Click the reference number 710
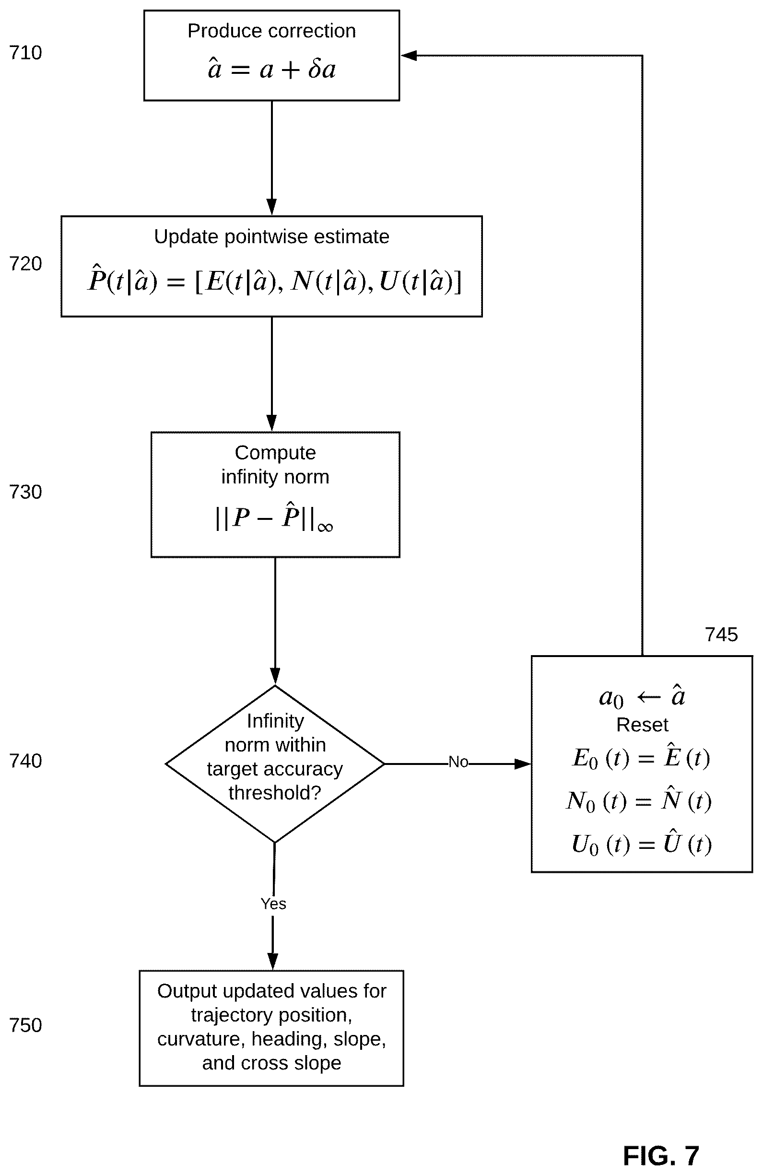click(x=26, y=53)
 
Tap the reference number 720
click(x=26, y=264)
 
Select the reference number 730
click(x=26, y=492)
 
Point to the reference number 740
click(x=26, y=761)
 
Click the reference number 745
click(x=721, y=635)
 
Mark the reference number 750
click(x=26, y=1025)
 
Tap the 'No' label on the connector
click(x=458, y=762)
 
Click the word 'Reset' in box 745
click(x=642, y=725)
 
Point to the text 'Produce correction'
click(x=271, y=31)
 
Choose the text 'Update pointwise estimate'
click(x=271, y=237)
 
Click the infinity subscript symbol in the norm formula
click(x=325, y=528)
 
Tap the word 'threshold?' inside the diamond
click(x=275, y=793)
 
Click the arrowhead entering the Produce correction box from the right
click(x=409, y=56)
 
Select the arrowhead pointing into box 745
click(x=523, y=764)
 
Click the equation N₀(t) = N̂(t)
click(x=639, y=800)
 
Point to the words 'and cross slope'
click(x=271, y=1062)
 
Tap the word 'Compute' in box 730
click(x=275, y=453)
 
